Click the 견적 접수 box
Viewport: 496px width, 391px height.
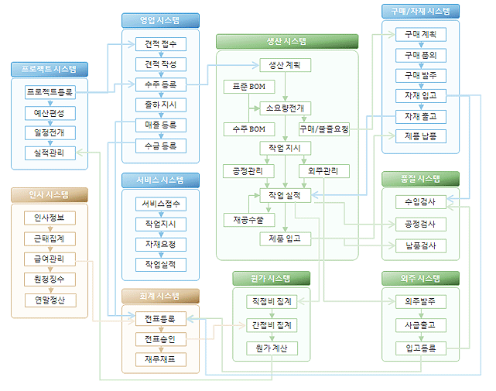click(160, 43)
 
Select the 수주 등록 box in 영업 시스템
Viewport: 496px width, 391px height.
click(160, 84)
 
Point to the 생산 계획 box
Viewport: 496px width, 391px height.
click(286, 65)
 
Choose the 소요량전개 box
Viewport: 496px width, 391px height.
click(286, 108)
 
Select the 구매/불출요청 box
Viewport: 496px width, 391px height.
click(324, 128)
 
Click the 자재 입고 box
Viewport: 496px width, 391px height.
click(420, 95)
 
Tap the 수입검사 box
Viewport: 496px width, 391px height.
click(420, 203)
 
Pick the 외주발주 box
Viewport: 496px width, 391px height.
click(420, 301)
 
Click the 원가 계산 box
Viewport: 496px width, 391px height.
click(272, 348)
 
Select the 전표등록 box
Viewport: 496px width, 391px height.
click(160, 318)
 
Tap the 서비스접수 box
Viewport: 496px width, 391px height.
click(160, 204)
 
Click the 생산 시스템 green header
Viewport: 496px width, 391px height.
click(286, 41)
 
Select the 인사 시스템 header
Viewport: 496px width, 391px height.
click(50, 194)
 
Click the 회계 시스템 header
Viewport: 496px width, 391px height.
click(160, 295)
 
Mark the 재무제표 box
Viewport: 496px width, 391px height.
click(160, 358)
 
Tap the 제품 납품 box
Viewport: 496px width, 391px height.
click(420, 135)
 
